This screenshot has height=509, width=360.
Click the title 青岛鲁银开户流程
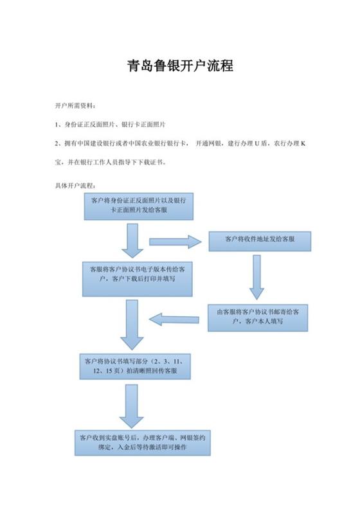click(x=180, y=66)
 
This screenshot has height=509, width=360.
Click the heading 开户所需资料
click(x=75, y=106)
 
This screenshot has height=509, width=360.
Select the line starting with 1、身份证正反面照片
click(x=110, y=124)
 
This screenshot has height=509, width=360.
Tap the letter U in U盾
click(x=256, y=143)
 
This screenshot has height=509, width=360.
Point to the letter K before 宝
click(x=303, y=143)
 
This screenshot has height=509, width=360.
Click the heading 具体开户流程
click(x=75, y=186)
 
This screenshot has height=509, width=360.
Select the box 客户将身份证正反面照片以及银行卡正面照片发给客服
click(x=139, y=206)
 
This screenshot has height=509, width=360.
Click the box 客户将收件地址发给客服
click(x=260, y=241)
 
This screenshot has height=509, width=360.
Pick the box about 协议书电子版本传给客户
click(x=138, y=279)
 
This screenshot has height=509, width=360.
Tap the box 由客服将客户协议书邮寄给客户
click(x=258, y=317)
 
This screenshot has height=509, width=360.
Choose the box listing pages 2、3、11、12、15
click(x=135, y=366)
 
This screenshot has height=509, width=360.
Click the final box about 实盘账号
click(x=143, y=443)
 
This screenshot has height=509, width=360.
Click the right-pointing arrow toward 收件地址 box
click(x=175, y=242)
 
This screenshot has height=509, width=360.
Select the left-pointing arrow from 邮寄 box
click(x=174, y=320)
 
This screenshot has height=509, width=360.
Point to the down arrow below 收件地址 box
click(x=256, y=277)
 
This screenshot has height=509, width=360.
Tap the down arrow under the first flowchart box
click(x=132, y=240)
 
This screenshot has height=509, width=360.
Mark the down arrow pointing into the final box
click(x=132, y=406)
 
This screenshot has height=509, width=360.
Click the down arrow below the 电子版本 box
click(x=132, y=325)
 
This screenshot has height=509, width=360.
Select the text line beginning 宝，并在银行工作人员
click(x=111, y=162)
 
